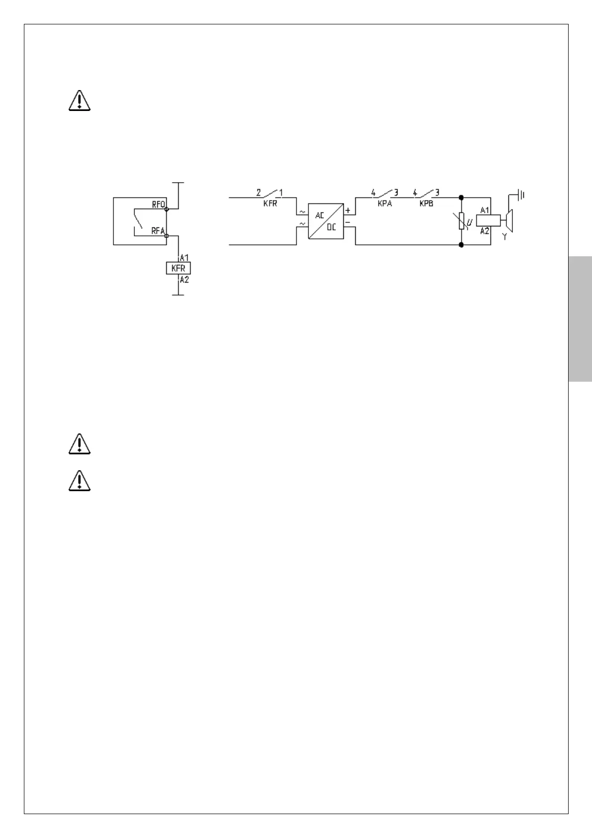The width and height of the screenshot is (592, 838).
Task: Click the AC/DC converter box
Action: click(x=326, y=221)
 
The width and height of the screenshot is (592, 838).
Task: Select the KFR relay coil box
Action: click(x=178, y=268)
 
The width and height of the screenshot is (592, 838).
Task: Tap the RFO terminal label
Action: click(x=158, y=204)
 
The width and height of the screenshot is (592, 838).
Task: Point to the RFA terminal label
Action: click(x=158, y=231)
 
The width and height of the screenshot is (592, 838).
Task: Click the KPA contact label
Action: click(x=385, y=204)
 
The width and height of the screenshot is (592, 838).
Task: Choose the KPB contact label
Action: click(x=426, y=204)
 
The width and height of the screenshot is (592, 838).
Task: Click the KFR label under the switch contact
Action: click(x=270, y=204)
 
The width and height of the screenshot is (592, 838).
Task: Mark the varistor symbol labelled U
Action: click(x=462, y=221)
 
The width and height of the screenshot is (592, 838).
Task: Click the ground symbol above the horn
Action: click(x=520, y=195)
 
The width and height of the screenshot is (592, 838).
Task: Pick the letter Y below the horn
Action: click(x=504, y=237)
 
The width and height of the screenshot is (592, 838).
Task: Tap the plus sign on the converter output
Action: click(x=348, y=210)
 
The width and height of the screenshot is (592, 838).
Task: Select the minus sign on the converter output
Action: click(x=348, y=222)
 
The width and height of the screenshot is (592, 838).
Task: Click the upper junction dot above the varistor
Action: click(x=461, y=198)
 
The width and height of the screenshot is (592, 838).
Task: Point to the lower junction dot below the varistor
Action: click(x=461, y=245)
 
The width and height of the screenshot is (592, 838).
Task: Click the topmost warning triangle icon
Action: click(x=79, y=101)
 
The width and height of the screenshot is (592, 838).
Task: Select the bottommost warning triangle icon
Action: click(x=79, y=481)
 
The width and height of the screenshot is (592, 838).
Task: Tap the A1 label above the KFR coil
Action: click(x=184, y=258)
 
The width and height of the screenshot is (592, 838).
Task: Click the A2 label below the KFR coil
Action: click(x=184, y=280)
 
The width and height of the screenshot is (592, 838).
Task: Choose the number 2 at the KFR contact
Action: click(x=258, y=192)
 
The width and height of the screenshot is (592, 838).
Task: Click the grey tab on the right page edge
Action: click(x=580, y=318)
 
